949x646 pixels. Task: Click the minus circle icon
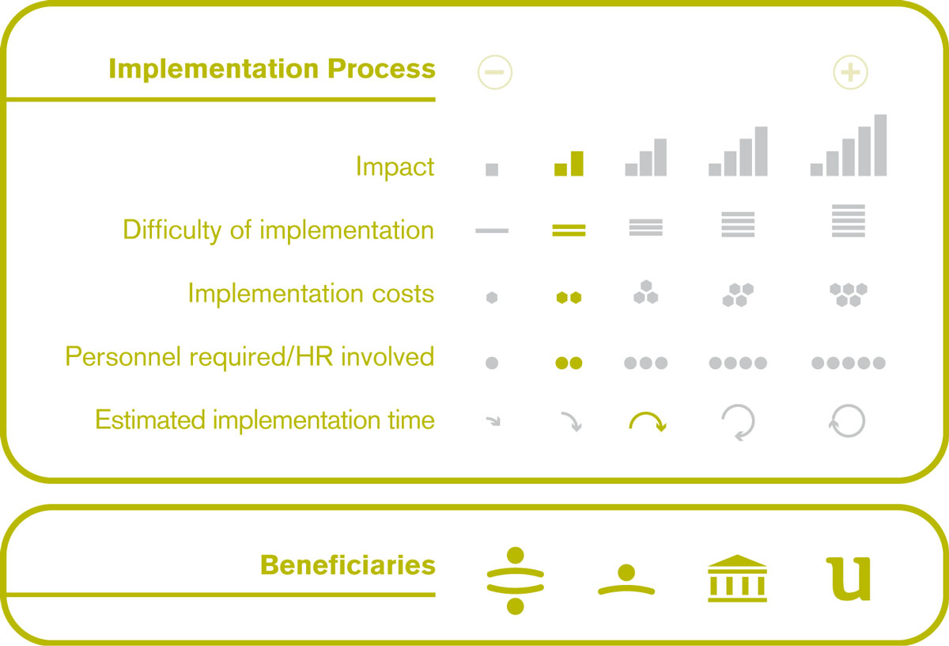click(x=495, y=72)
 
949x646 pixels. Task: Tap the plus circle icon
click(x=850, y=72)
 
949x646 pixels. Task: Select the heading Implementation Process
click(x=272, y=69)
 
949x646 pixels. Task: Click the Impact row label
click(x=395, y=167)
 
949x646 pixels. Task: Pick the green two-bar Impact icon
click(x=569, y=163)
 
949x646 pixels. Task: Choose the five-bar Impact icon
click(x=849, y=145)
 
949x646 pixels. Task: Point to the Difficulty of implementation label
click(x=278, y=230)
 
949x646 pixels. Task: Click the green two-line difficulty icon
click(x=569, y=230)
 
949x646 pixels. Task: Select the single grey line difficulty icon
click(x=492, y=230)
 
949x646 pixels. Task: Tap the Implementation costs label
click(x=311, y=294)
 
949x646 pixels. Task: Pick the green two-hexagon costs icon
click(x=569, y=298)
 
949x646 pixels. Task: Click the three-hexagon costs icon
click(x=646, y=292)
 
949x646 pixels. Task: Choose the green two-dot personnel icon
click(x=569, y=363)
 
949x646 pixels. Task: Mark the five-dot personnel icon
click(x=849, y=363)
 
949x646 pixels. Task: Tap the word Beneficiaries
click(x=348, y=565)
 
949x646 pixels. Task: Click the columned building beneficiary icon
click(x=737, y=578)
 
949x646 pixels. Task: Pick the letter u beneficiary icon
click(x=849, y=579)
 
